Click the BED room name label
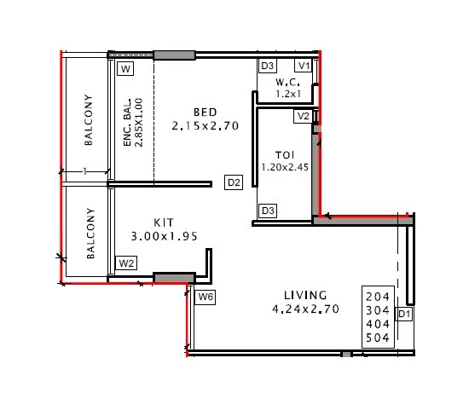pos(205,113)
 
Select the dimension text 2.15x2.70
pos(205,126)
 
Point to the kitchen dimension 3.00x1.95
pos(164,235)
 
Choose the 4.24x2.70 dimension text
pos(305,309)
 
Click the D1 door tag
pos(404,315)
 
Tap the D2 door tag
pos(234,182)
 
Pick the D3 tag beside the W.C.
pos(268,66)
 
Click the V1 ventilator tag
pos(304,66)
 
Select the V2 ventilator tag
pos(304,116)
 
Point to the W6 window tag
pos(205,297)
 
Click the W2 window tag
pos(126,263)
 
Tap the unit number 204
pos(376,296)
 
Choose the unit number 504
pos(376,338)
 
